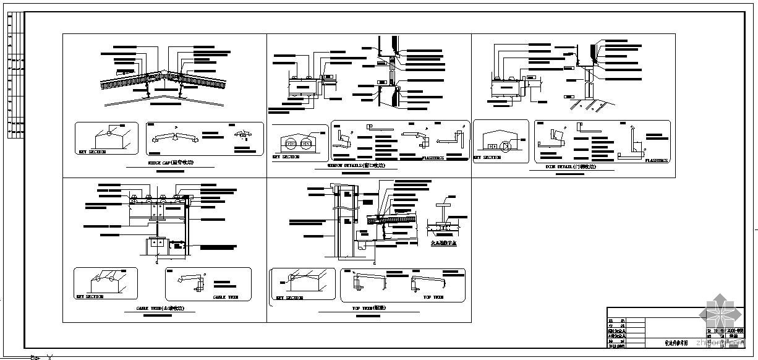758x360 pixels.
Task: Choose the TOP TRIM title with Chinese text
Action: point(369,307)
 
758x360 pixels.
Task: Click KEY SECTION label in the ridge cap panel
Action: point(92,152)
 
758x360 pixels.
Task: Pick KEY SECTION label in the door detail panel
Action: point(487,158)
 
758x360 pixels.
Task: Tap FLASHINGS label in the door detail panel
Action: point(656,160)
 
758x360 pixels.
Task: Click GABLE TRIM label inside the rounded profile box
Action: point(226,297)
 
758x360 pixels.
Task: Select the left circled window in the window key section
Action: point(291,145)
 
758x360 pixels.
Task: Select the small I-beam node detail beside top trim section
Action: point(445,216)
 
